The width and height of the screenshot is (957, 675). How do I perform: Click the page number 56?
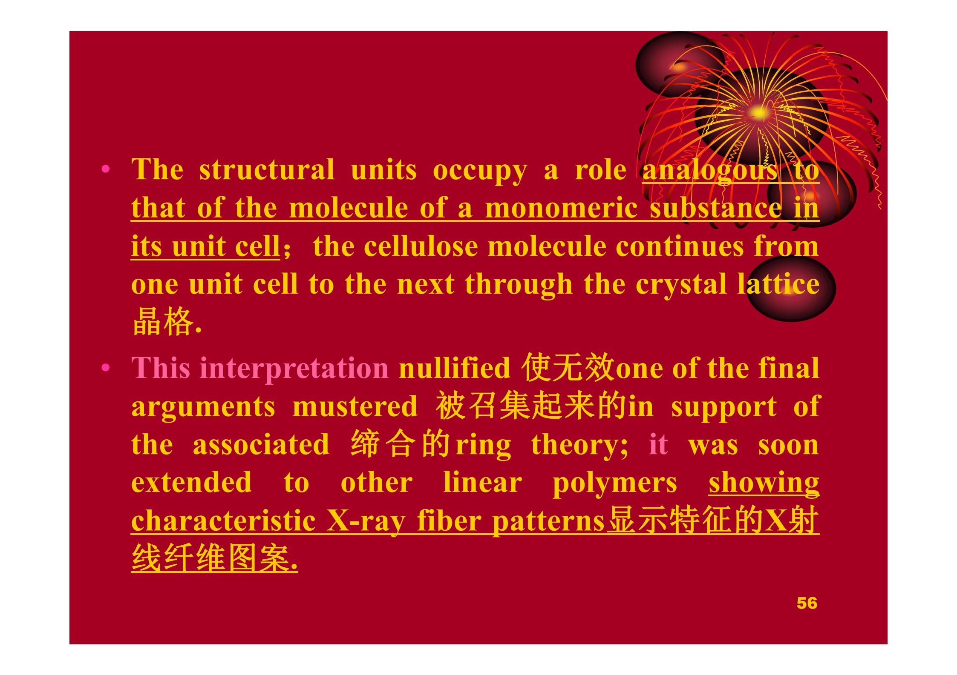(x=807, y=603)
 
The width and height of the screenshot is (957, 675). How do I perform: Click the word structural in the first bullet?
(x=267, y=169)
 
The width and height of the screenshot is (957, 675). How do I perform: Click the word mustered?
(x=355, y=406)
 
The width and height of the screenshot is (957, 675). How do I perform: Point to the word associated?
(x=261, y=444)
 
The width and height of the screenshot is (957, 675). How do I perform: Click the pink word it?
(x=658, y=444)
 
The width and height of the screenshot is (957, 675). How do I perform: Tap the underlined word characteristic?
(x=223, y=521)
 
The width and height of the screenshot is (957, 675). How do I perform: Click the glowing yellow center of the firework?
(x=759, y=112)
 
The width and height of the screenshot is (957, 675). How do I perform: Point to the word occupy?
(x=480, y=171)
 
